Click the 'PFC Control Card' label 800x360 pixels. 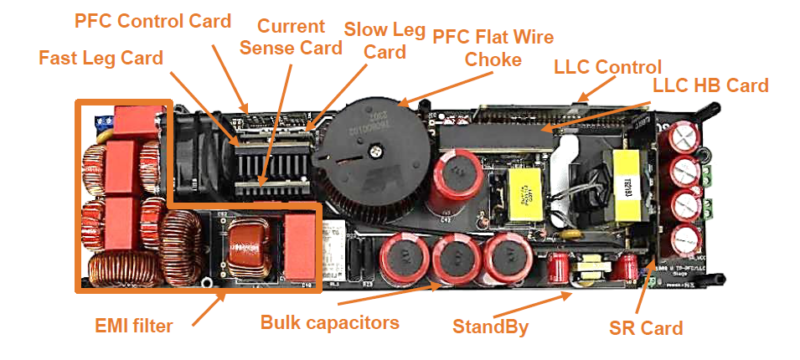pyautogui.click(x=152, y=21)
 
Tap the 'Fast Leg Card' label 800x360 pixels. pyautogui.click(x=101, y=59)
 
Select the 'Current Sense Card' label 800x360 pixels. pyautogui.click(x=291, y=37)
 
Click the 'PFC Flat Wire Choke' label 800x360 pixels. pyautogui.click(x=493, y=48)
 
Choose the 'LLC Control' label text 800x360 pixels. pyautogui.click(x=607, y=67)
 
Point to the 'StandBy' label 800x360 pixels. pyautogui.click(x=490, y=327)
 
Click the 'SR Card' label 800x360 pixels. pyautogui.click(x=646, y=328)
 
